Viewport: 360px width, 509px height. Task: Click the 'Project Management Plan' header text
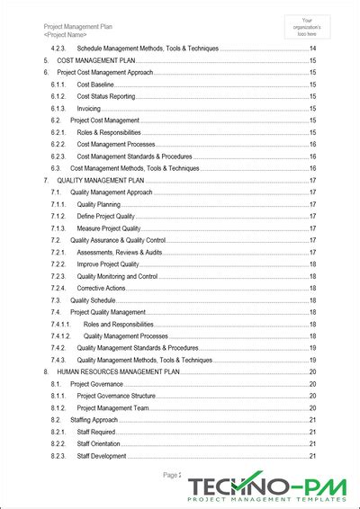pos(78,27)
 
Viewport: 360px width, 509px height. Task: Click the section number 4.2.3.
pos(59,48)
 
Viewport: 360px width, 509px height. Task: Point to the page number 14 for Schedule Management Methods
pos(312,48)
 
